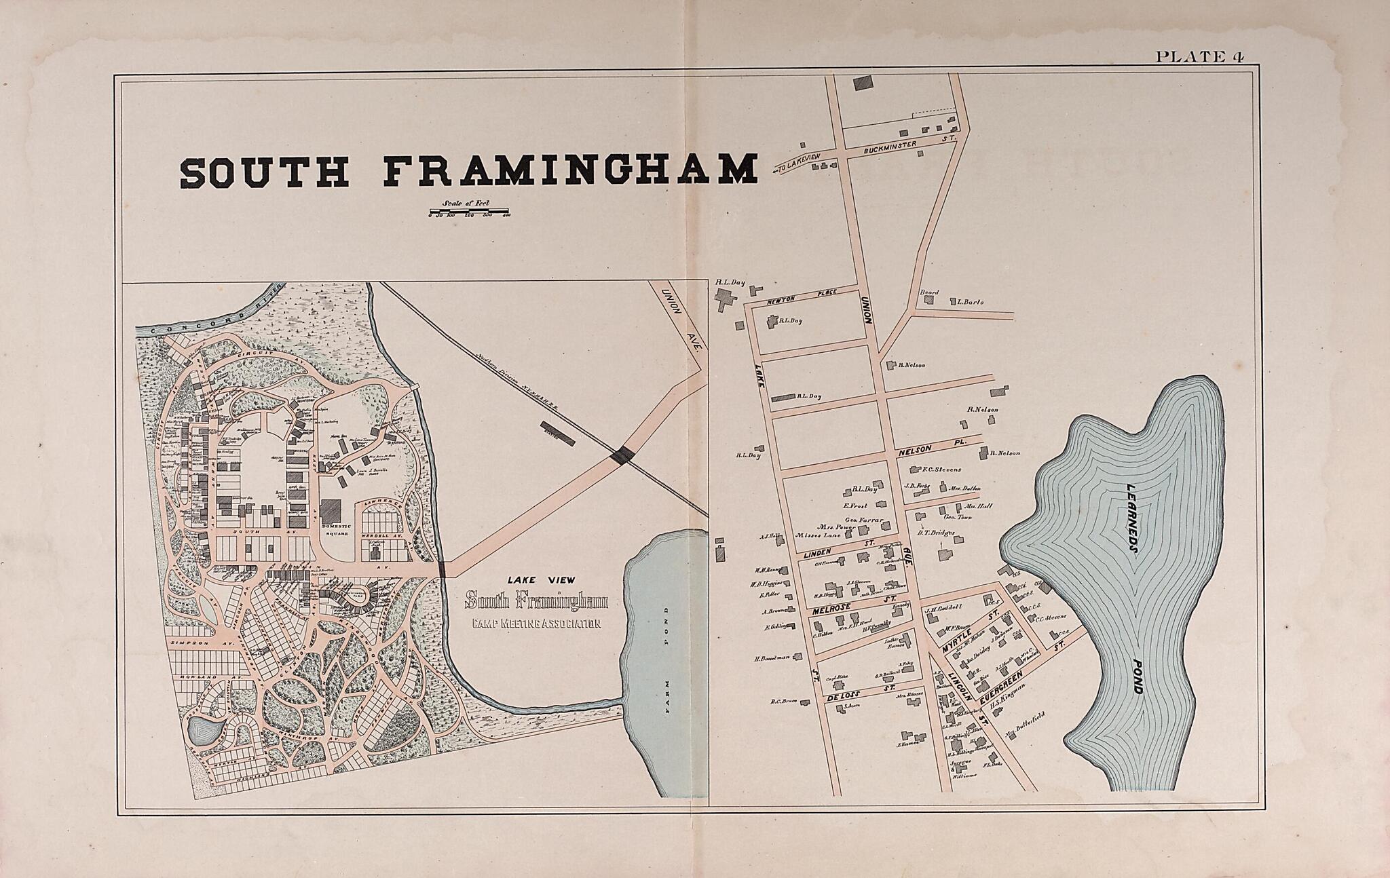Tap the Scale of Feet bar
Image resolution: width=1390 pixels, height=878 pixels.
468,214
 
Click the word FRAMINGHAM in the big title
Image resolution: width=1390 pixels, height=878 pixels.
570,172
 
